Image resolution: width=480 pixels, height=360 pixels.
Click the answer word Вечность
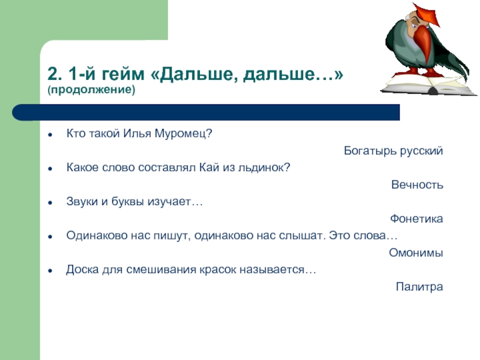[417, 185]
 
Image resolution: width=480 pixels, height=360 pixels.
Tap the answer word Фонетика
[416, 218]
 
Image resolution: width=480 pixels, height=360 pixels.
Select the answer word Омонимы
[416, 253]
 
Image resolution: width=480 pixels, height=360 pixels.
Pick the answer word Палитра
[419, 287]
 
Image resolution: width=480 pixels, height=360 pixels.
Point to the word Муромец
[183, 134]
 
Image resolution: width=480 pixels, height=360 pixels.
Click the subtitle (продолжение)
[91, 89]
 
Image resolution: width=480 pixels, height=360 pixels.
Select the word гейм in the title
[122, 74]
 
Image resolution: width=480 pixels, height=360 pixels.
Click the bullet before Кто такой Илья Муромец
[50, 134]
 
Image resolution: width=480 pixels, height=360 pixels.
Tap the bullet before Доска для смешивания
[50, 271]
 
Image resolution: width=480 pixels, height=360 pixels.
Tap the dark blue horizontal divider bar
[206, 112]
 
